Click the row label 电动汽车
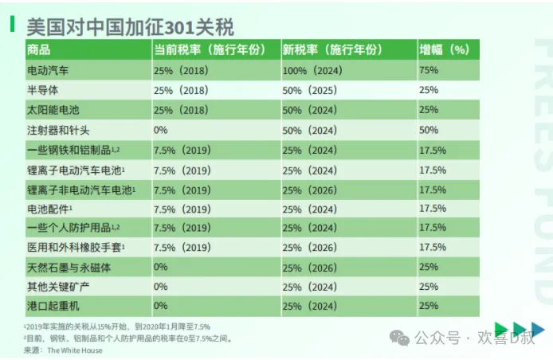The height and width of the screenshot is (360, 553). [x=48, y=70]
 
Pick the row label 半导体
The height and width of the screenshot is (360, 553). [x=43, y=90]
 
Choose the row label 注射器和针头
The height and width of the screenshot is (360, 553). [x=58, y=129]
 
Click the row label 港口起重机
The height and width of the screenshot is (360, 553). [x=53, y=306]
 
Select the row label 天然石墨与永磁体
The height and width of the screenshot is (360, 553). [x=69, y=267]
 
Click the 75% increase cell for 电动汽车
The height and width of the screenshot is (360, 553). [x=429, y=70]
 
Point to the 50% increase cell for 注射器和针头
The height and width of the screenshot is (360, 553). [x=429, y=129]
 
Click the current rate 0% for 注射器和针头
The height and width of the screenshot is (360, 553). [x=161, y=129]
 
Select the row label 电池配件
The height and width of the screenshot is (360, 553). [x=50, y=208]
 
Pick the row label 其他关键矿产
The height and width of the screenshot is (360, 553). [x=58, y=286]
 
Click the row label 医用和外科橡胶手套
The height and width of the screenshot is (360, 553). [x=75, y=247]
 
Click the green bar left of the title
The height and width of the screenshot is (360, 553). [x=13, y=25]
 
